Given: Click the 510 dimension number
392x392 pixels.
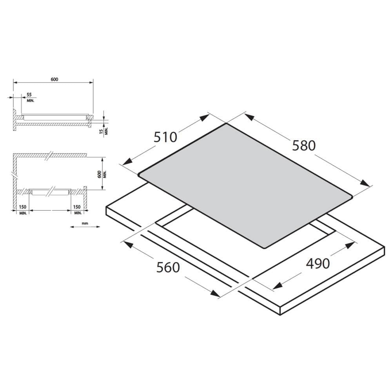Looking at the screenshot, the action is [165, 137].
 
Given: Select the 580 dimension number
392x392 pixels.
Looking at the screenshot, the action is [304, 145].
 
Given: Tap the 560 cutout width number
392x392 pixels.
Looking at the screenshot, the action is [168, 267].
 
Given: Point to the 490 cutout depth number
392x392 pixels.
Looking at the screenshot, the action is [318, 263].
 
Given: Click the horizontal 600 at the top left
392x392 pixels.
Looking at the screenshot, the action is [54, 79].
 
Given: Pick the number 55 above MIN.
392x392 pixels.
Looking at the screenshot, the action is [29, 95].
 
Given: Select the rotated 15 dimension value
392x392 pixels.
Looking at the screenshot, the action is [101, 131].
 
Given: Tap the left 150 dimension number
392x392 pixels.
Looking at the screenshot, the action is [22, 207].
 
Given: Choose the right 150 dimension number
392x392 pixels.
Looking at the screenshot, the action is [77, 207].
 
